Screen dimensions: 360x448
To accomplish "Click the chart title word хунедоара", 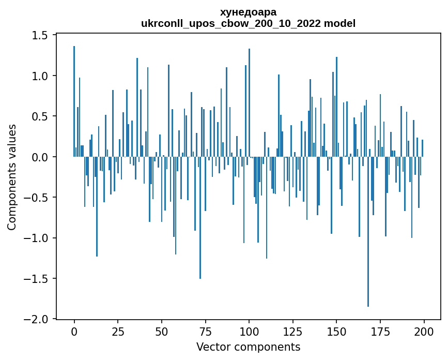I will (248, 12).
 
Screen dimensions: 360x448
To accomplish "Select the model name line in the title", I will (248, 23).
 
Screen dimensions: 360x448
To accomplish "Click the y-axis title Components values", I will (11, 177).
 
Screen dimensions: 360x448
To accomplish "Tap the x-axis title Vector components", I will (248, 347).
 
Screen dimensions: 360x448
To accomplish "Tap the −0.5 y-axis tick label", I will (37, 198).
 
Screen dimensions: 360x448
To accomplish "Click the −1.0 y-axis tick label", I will (37, 238).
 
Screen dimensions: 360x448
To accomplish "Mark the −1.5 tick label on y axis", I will (37, 279).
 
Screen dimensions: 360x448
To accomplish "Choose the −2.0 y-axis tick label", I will (37, 319).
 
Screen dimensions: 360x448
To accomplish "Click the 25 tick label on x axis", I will (118, 331).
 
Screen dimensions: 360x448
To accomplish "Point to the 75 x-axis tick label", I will (205, 331).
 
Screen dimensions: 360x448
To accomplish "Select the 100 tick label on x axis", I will (249, 331).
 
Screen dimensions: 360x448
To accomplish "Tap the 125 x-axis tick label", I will (293, 331).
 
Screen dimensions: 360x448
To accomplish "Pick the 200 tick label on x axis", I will (424, 331).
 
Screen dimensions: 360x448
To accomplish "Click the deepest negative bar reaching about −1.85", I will (368, 233).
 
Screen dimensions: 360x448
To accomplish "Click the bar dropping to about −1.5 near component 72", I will (200, 217).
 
